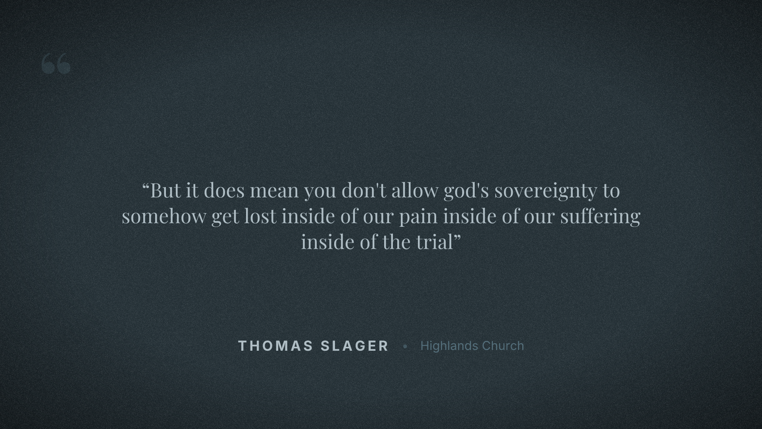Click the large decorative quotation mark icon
point(56,64)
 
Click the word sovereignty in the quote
point(545,191)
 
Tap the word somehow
point(164,216)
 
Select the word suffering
point(600,216)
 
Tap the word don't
point(364,191)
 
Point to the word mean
point(274,191)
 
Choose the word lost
point(260,216)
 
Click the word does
point(224,191)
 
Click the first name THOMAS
point(276,346)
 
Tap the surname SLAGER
point(354,346)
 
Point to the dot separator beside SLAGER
point(405,346)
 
